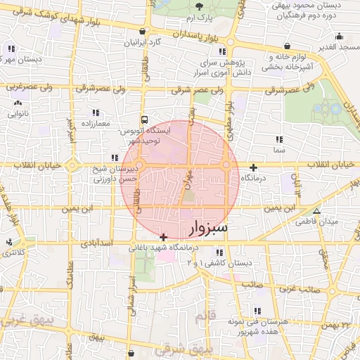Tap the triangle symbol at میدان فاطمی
[x=316, y=210]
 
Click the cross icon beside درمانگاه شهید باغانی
[x=164, y=237]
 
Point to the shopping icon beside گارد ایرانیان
[x=143, y=32]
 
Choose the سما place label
[x=280, y=150]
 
